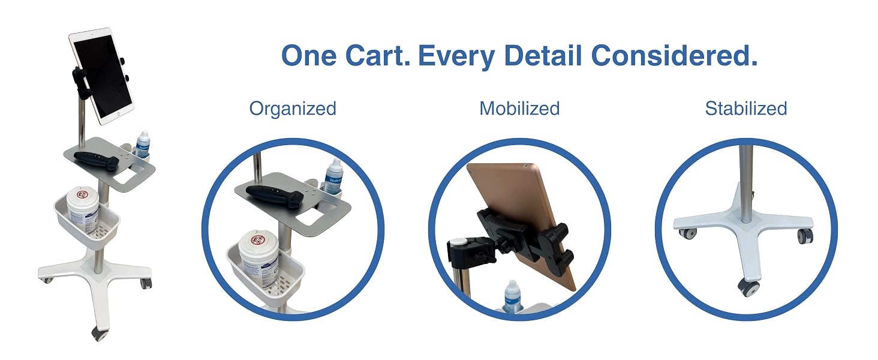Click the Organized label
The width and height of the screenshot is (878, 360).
293,109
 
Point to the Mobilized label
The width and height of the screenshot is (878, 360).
519,109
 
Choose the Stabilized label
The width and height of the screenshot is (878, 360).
746,109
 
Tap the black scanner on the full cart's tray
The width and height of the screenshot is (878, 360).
97,160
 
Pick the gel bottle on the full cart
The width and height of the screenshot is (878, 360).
142,145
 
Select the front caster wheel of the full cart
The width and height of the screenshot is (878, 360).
100,334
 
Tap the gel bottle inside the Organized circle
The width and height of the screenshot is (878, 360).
333,176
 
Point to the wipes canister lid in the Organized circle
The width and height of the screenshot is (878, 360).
258,240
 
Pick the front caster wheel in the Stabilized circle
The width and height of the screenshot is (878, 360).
748,288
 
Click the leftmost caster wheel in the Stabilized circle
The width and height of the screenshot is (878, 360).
688,234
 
